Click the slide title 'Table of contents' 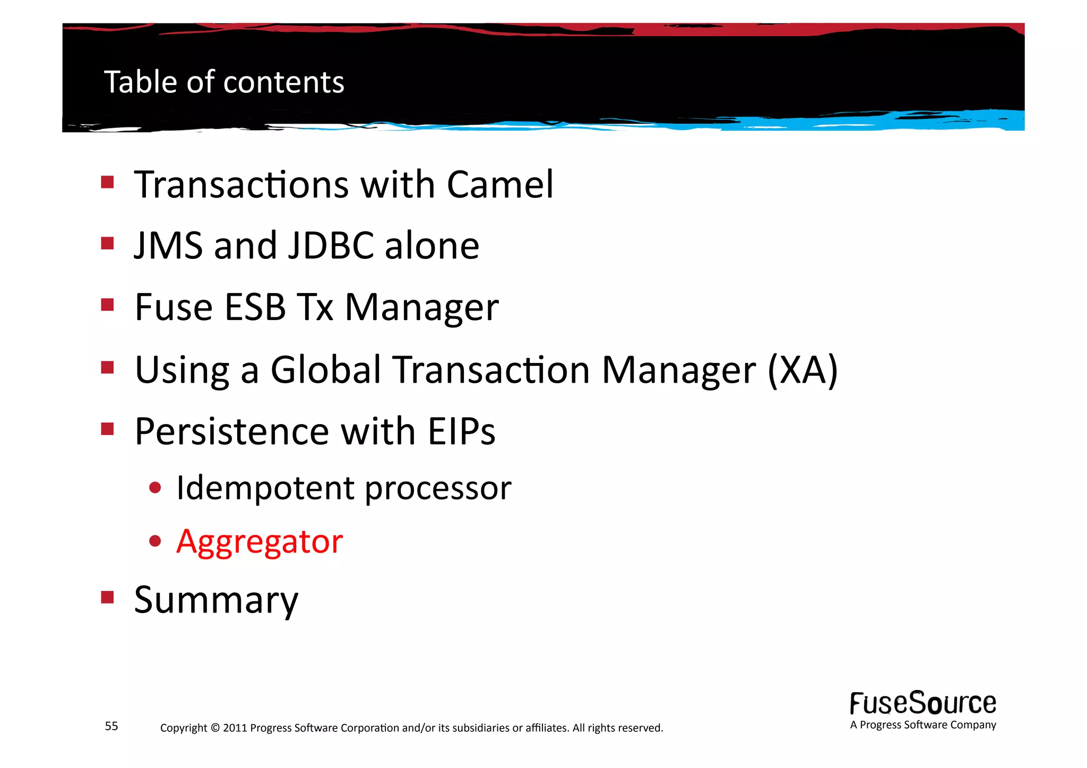pyautogui.click(x=224, y=82)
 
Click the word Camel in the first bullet pyautogui.click(x=500, y=185)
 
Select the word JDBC pyautogui.click(x=331, y=246)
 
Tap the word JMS pyautogui.click(x=168, y=246)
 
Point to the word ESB pyautogui.click(x=255, y=307)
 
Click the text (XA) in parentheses pyautogui.click(x=803, y=370)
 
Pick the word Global pyautogui.click(x=325, y=370)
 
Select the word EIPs pyautogui.click(x=461, y=431)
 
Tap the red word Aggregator pyautogui.click(x=260, y=542)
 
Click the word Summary pyautogui.click(x=216, y=600)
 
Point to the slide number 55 pyautogui.click(x=111, y=726)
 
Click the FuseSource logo pyautogui.click(x=922, y=703)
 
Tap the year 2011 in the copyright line pyautogui.click(x=235, y=728)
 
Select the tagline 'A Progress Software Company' pyautogui.click(x=922, y=725)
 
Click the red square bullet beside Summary pyautogui.click(x=108, y=598)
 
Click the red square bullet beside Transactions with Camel pyautogui.click(x=108, y=183)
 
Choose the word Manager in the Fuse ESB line pyautogui.click(x=422, y=307)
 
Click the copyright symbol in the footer pyautogui.click(x=215, y=728)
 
